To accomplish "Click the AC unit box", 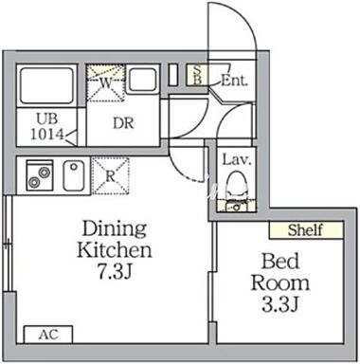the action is pyautogui.click(x=48, y=335).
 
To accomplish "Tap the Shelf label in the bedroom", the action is pyautogui.click(x=306, y=230).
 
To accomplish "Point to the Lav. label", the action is pyautogui.click(x=237, y=159).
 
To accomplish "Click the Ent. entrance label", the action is pyautogui.click(x=234, y=81).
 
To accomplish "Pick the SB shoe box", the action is pyautogui.click(x=197, y=75).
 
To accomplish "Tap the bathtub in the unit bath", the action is pyautogui.click(x=46, y=85).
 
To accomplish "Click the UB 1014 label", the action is pyautogui.click(x=47, y=127).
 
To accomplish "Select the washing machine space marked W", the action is pyautogui.click(x=105, y=83).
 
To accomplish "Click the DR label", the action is pyautogui.click(x=123, y=123).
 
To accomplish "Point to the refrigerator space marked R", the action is pyautogui.click(x=111, y=176).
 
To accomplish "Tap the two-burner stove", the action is pyautogui.click(x=40, y=175).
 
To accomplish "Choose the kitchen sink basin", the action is pyautogui.click(x=74, y=175).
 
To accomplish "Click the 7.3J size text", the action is pyautogui.click(x=115, y=271).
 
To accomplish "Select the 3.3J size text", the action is pyautogui.click(x=280, y=304).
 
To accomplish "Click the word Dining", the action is pyautogui.click(x=115, y=229).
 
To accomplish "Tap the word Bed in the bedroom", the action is pyautogui.click(x=280, y=262).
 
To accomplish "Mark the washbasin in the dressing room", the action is pyautogui.click(x=143, y=80).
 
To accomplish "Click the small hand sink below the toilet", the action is pyautogui.click(x=236, y=208).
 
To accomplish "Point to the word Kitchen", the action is pyautogui.click(x=115, y=249).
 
